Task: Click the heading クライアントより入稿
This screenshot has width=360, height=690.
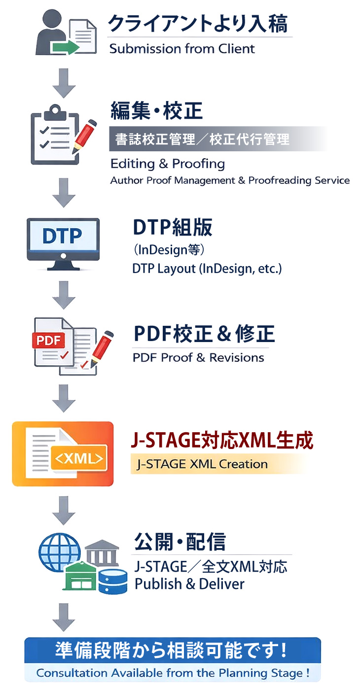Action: [198, 24]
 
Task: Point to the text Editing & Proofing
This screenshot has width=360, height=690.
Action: [168, 164]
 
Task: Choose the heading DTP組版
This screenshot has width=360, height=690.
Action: [173, 227]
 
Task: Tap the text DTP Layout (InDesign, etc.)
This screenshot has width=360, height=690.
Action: [207, 269]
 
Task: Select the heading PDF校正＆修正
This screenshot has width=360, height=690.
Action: [204, 334]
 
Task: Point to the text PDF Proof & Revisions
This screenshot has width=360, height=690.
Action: [198, 357]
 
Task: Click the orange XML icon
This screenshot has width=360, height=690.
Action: [63, 454]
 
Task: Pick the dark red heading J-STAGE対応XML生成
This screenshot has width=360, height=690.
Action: [222, 441]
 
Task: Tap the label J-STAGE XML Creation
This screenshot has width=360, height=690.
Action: [202, 464]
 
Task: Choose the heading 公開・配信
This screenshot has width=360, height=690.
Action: [180, 542]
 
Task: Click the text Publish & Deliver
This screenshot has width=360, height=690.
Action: [189, 584]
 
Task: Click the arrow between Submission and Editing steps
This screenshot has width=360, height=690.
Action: [64, 83]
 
